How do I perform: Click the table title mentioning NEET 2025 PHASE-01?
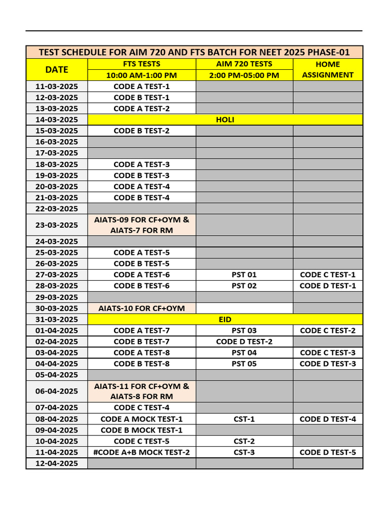point(194,52)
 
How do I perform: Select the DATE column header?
point(57,69)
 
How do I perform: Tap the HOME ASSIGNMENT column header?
point(328,69)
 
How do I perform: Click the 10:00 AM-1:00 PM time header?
point(141,75)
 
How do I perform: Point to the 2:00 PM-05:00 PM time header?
point(244,75)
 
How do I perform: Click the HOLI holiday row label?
point(225,120)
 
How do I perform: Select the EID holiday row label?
point(225,319)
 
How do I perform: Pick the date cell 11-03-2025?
point(57,87)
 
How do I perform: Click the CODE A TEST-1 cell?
point(141,87)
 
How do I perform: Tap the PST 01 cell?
point(244,275)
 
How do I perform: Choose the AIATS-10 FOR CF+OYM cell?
point(141,308)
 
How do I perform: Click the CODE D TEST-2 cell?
point(244,341)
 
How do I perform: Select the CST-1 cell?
point(244,419)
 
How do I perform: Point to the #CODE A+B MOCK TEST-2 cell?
point(141,452)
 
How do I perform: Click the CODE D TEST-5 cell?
point(328,452)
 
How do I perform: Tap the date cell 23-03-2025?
point(57,225)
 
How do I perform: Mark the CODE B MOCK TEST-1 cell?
point(141,430)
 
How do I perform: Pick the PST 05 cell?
point(244,364)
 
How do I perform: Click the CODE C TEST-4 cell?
point(141,408)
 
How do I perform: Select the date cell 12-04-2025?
point(57,463)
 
